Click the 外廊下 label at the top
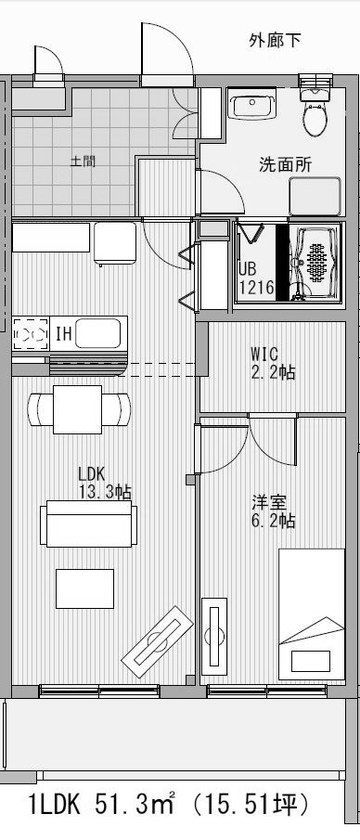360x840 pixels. [275, 40]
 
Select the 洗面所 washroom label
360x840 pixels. [284, 165]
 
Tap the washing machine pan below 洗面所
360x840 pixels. [315, 196]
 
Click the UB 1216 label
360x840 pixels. [255, 278]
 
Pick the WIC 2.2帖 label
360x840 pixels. [273, 363]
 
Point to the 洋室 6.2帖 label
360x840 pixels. [273, 512]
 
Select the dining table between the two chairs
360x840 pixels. [79, 408]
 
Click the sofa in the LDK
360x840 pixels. [87, 523]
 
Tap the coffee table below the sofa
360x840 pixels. [84, 588]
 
